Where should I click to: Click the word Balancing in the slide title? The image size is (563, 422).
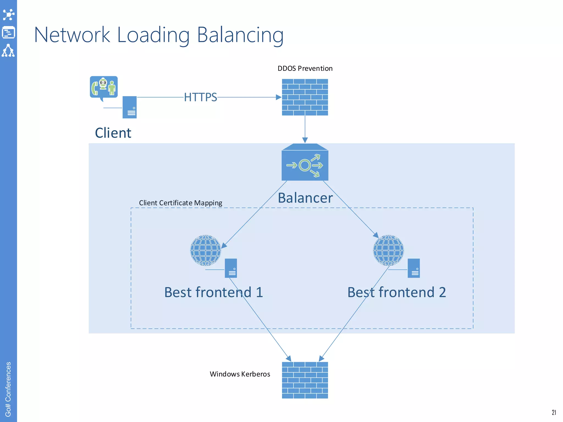coord(240,35)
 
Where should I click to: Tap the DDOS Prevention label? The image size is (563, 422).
coord(305,68)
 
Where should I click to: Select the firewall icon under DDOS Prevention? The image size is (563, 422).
coord(305,97)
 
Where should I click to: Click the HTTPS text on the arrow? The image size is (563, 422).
coord(200,97)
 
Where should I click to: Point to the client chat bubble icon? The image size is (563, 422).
coord(104,87)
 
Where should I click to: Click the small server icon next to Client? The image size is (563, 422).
coord(129,107)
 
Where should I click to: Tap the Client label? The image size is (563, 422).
coord(113,133)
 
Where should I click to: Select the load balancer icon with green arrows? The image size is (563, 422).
coord(305,163)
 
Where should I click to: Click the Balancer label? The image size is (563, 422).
coord(305,198)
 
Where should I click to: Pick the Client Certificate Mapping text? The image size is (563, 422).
coord(180,203)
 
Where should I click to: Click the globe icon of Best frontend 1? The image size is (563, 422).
coord(205,250)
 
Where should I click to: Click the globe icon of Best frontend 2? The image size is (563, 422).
coord(388,250)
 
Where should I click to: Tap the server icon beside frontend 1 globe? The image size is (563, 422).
coord(231,268)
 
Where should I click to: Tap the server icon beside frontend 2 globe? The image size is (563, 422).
coord(413,268)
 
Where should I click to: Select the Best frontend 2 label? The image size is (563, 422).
coord(396,292)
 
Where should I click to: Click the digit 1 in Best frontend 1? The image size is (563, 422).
coord(259,292)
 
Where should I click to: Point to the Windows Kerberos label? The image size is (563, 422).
coord(240,374)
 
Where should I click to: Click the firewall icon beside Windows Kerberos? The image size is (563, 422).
coord(305,380)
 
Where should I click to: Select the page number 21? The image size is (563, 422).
coord(554,412)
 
